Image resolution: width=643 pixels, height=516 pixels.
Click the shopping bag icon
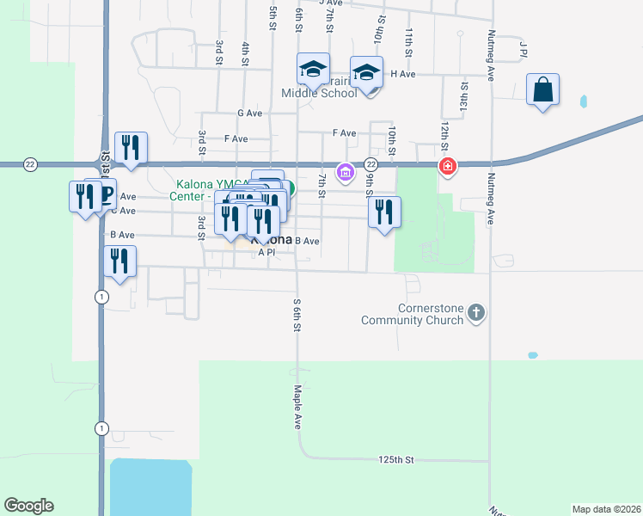coord(542,89)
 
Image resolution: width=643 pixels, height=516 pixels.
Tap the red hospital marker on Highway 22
coord(447,166)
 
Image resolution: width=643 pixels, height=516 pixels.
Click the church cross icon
coord(478,314)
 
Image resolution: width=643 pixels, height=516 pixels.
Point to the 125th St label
coord(395,460)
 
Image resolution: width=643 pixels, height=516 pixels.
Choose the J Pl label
coord(522,49)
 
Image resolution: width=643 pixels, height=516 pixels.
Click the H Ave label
coord(403,74)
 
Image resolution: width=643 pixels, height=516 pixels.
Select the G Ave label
coord(249,113)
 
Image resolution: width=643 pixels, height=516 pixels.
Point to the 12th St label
coord(445,133)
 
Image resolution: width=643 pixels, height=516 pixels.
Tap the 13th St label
coord(463,93)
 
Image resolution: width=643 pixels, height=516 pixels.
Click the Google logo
coord(28,506)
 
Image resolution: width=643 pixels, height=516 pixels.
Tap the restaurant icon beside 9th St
coord(384,212)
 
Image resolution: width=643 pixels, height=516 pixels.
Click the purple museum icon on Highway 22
coord(345,173)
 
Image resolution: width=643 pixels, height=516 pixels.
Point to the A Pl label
coord(266,252)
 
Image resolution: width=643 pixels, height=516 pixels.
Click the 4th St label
coord(246,53)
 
